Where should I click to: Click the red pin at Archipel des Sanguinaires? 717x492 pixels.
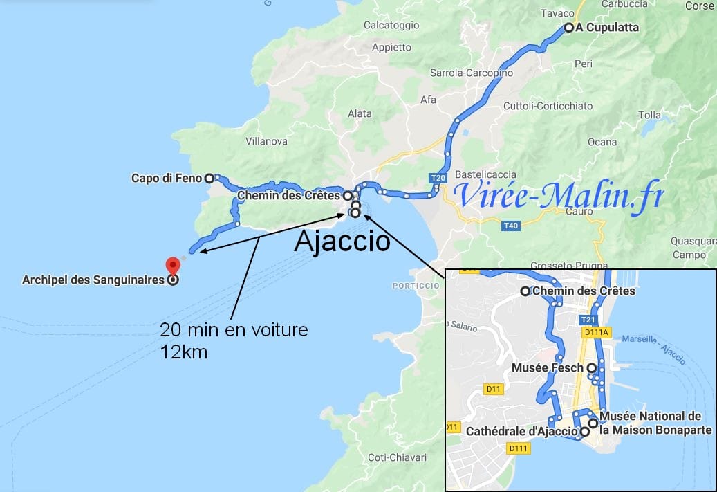(173, 265)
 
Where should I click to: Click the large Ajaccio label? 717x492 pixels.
(342, 242)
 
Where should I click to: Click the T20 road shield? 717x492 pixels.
(438, 179)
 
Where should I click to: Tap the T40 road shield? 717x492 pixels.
(510, 226)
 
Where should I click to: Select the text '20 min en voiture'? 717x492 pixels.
(234, 330)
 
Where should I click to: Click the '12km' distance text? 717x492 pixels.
(183, 352)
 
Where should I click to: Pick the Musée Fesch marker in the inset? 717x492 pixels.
(591, 368)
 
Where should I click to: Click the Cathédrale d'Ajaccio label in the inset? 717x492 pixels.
(521, 431)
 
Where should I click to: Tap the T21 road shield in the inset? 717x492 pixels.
(587, 320)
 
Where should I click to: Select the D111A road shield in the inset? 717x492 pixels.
(596, 333)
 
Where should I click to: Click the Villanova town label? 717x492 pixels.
(266, 141)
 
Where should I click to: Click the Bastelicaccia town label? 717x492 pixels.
(487, 172)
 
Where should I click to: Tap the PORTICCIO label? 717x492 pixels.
(416, 286)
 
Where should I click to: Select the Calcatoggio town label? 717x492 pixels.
(391, 26)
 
